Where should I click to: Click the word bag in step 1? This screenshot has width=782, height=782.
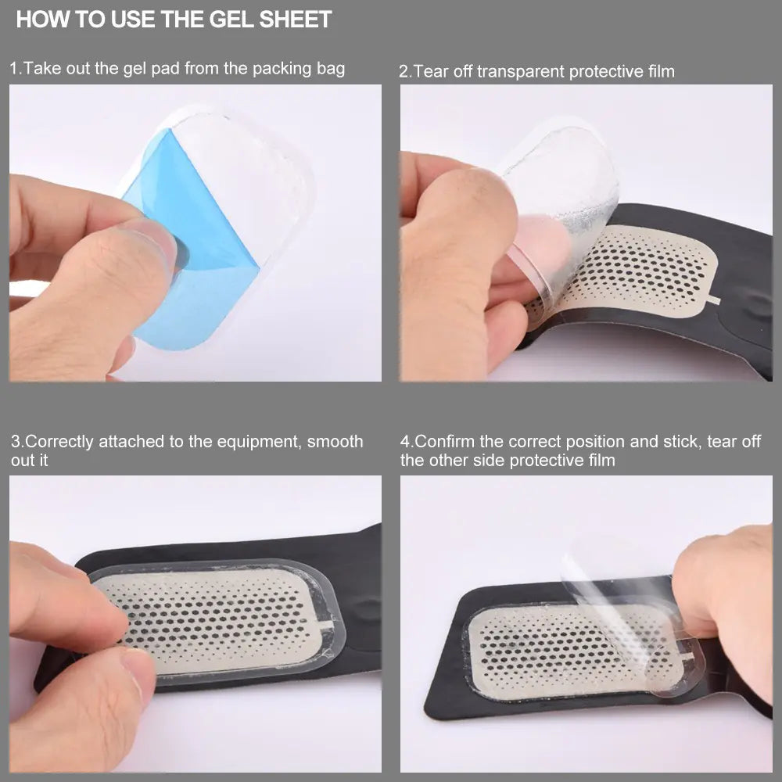pyautogui.click(x=330, y=68)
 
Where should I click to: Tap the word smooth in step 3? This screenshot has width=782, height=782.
pyautogui.click(x=335, y=442)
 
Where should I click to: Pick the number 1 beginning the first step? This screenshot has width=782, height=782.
pyautogui.click(x=13, y=68)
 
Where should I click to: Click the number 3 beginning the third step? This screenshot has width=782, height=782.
pyautogui.click(x=16, y=442)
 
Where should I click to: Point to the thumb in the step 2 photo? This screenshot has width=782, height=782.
pyautogui.click(x=461, y=235)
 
